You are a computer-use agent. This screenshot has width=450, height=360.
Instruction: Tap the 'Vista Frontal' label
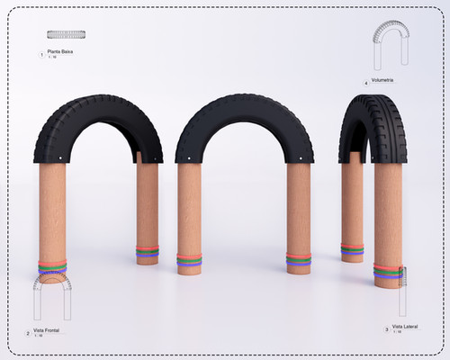tap(49, 331)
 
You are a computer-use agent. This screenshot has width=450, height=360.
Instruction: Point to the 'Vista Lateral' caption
tap(405, 327)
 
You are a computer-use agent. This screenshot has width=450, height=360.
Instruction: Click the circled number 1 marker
tap(41, 55)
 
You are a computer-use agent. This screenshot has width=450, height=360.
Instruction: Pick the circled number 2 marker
tap(28, 333)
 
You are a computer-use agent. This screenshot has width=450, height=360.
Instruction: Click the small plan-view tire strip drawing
tap(67, 35)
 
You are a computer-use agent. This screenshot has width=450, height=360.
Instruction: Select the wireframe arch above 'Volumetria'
tap(389, 45)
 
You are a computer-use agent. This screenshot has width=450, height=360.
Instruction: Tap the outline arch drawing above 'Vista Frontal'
tap(52, 296)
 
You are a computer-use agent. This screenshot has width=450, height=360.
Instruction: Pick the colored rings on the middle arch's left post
tap(189, 261)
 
